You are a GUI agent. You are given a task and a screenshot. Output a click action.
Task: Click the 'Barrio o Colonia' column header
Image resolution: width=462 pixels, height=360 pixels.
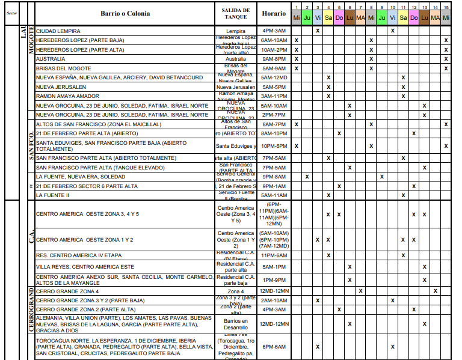click(125, 13)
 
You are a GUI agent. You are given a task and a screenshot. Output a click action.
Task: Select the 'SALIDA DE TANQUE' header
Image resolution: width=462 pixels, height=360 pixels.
click(236, 13)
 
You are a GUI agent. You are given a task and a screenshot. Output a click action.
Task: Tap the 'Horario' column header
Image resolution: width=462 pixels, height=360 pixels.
click(274, 13)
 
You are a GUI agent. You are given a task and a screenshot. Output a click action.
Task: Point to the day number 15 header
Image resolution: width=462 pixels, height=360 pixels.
click(445, 7)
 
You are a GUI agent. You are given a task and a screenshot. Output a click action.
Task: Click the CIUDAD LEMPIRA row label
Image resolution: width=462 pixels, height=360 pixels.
click(58, 30)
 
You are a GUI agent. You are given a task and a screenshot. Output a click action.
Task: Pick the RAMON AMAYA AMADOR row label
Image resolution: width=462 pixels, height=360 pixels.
click(67, 96)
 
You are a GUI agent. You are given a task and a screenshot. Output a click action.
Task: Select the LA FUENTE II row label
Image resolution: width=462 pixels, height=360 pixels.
click(53, 195)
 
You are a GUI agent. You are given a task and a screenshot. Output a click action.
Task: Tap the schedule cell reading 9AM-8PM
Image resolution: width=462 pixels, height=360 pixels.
click(274, 59)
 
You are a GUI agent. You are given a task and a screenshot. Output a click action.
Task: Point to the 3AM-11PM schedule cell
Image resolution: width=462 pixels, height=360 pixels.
click(274, 96)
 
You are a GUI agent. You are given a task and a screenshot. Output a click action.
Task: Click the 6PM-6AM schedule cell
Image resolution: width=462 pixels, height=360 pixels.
click(274, 347)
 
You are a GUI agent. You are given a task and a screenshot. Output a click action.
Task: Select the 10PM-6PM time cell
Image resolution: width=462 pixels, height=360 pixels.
click(274, 146)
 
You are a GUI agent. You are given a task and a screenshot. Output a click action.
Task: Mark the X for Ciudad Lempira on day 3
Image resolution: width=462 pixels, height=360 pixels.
click(318, 30)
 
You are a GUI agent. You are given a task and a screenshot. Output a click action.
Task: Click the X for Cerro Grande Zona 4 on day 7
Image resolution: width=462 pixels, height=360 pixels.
click(360, 291)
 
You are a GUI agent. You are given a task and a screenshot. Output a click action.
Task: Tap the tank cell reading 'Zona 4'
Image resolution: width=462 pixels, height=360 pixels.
click(236, 291)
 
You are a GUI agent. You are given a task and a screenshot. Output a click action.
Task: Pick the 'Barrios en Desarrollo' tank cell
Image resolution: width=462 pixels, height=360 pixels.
click(236, 324)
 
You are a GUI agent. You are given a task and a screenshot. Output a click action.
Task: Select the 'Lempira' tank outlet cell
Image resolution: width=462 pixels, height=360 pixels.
click(236, 31)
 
